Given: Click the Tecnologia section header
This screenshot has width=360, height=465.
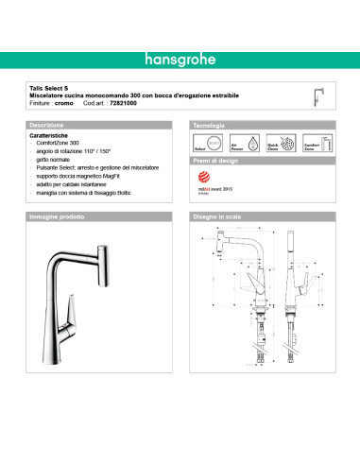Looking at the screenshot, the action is pyautogui.click(x=210, y=125).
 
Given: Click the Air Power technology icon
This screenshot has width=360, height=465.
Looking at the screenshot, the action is pyautogui.click(x=237, y=144).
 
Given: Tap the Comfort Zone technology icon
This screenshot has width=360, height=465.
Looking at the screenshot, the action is pyautogui.click(x=310, y=144).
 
